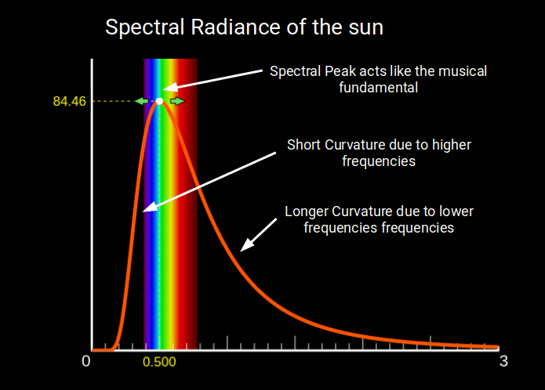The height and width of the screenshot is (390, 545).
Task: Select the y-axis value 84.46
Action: pos(70,101)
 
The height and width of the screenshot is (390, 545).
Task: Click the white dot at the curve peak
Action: pos(159,101)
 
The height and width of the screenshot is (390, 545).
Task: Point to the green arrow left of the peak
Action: pos(141,101)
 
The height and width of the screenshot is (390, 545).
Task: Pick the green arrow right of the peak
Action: pos(178,101)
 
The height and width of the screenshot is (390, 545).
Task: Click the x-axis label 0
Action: pos(86,362)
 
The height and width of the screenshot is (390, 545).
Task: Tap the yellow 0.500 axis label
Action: pos(159,363)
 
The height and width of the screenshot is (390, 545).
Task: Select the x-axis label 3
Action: pos(503,362)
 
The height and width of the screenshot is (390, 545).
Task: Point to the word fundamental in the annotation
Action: pos(379,88)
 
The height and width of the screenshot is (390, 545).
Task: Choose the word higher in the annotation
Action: pos(450,145)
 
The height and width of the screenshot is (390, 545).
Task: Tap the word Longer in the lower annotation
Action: pos(307,211)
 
